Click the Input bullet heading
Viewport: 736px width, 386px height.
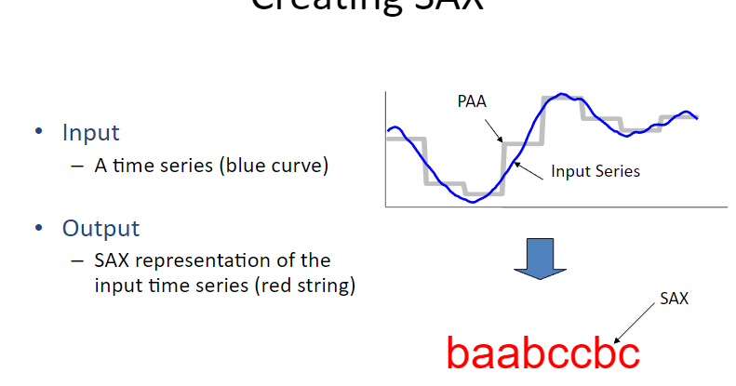(90, 133)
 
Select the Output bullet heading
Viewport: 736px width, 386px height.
(100, 228)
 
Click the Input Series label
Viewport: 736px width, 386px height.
(595, 171)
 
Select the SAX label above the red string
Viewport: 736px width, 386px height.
(674, 299)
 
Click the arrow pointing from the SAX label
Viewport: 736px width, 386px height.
(634, 320)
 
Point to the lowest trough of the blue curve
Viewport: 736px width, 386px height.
(475, 201)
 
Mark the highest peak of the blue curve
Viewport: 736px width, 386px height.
(561, 94)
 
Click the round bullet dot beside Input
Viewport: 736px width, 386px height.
(39, 133)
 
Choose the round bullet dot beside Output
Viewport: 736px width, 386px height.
(39, 228)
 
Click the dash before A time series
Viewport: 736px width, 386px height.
(77, 167)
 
